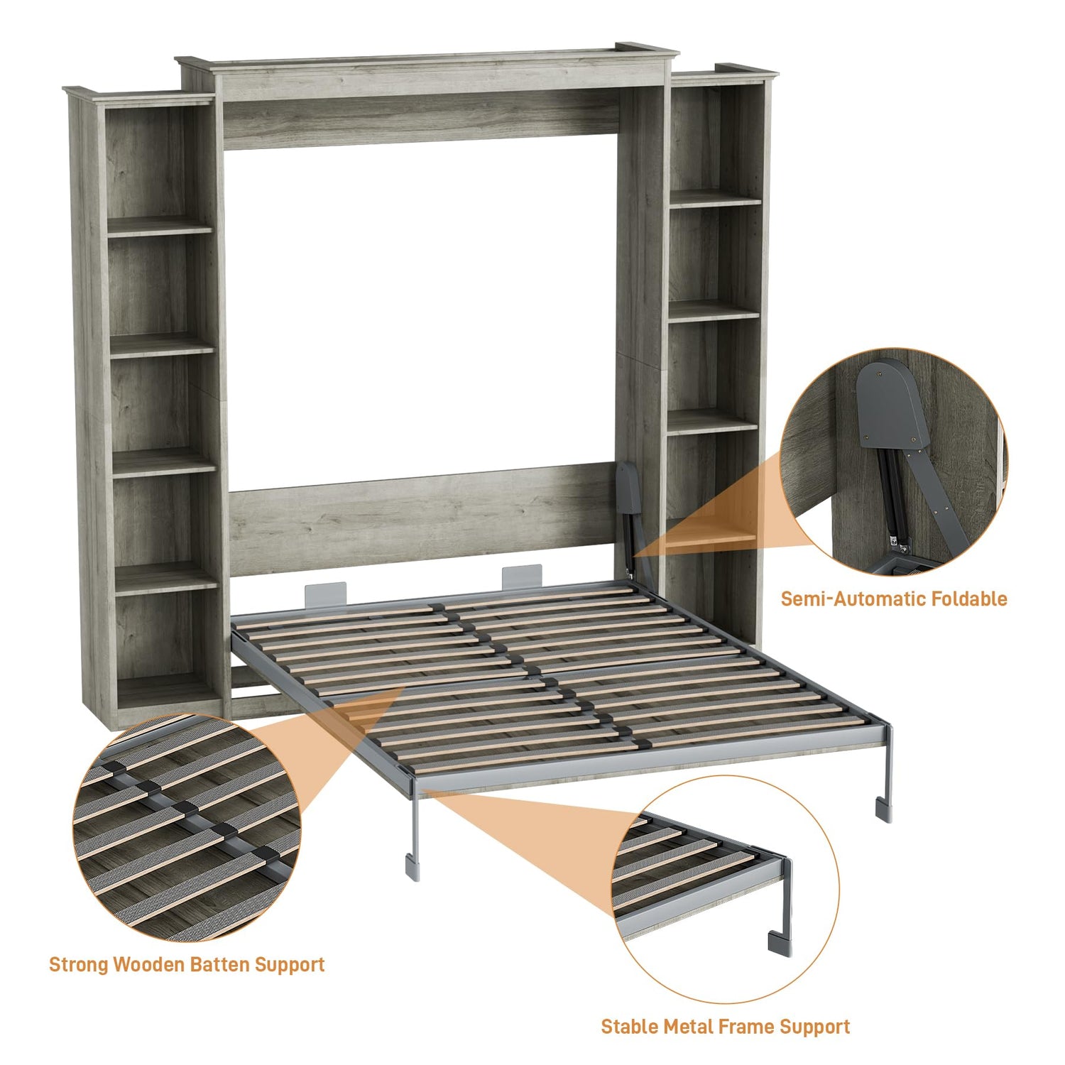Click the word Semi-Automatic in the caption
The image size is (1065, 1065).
click(x=853, y=599)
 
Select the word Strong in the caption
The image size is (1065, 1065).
click(x=79, y=965)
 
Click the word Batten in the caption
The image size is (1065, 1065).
click(x=222, y=964)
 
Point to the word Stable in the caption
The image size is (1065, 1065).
click(x=629, y=1027)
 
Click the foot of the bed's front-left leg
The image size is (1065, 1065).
click(x=413, y=868)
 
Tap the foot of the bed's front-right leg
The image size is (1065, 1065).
click(x=884, y=809)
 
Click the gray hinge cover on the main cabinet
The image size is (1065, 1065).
click(x=628, y=487)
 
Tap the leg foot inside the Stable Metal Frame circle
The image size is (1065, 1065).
click(x=780, y=943)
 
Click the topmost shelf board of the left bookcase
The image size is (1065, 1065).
click(x=160, y=226)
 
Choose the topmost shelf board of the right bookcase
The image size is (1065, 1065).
click(x=715, y=198)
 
